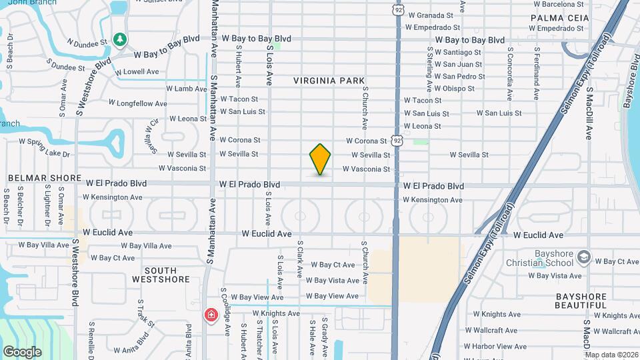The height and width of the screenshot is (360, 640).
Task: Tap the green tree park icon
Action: [120, 40]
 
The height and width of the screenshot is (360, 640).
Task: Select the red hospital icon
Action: [212, 314]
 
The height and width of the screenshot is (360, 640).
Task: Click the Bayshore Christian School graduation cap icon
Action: [584, 257]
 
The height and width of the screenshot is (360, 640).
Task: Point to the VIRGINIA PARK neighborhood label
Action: [329, 81]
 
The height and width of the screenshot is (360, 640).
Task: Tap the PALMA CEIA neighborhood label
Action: [560, 18]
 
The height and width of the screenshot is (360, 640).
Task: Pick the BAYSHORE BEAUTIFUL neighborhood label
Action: [581, 301]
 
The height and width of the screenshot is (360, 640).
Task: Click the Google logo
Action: [22, 352]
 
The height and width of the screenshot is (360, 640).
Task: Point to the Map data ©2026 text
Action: [611, 355]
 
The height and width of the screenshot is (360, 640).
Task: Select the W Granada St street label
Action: [430, 15]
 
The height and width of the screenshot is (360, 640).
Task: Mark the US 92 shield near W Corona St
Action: [397, 141]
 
